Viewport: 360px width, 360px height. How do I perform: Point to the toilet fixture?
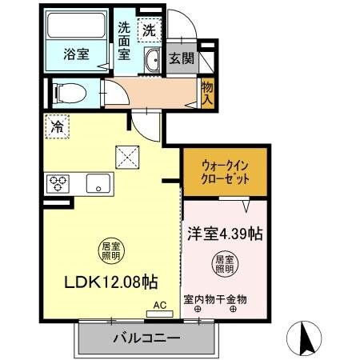(69, 93)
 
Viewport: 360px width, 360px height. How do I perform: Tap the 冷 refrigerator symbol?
(57, 126)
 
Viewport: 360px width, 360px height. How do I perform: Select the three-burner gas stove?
(58, 182)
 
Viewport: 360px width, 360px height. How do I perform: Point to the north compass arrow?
(306, 338)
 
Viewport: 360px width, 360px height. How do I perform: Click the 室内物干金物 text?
(215, 299)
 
